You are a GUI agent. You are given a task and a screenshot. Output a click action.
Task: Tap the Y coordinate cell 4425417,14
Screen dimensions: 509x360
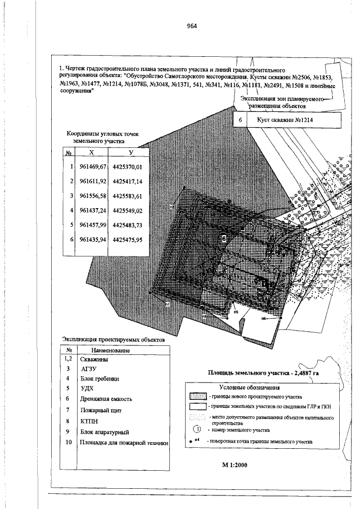pos(128,182)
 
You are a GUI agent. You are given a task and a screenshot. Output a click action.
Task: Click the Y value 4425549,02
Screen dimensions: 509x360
pos(128,210)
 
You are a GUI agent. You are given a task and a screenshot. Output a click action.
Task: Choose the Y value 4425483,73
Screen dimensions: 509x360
pos(128,225)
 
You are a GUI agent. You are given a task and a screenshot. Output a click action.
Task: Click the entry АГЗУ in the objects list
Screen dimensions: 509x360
pos(89,368)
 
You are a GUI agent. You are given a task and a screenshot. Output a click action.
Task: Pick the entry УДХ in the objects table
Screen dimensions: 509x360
pos(87,388)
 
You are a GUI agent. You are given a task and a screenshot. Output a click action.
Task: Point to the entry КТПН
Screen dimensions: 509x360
pos(89,421)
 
